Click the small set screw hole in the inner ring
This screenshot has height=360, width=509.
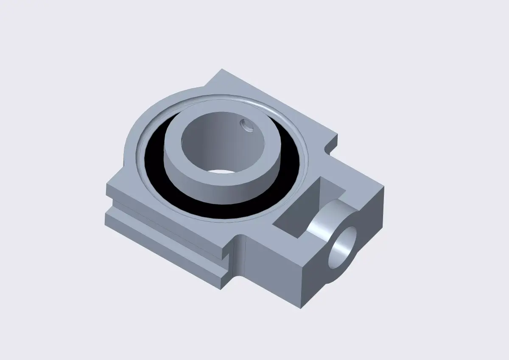[246, 124]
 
